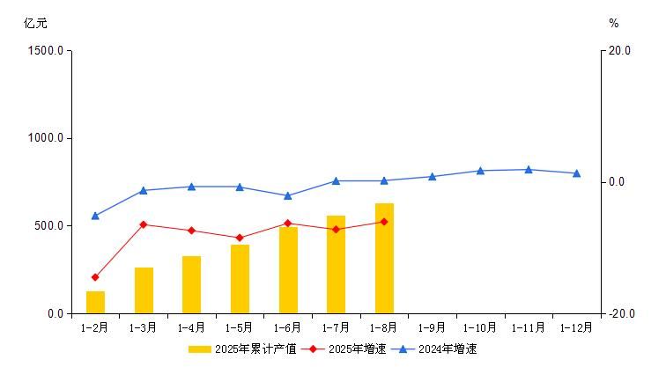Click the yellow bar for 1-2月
point(95,302)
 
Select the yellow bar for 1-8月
point(384,258)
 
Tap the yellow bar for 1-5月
point(240,279)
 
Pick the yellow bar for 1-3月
point(144,290)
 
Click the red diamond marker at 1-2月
point(95,277)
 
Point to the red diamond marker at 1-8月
point(384,222)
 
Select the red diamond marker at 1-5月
point(240,238)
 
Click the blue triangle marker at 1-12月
point(576,173)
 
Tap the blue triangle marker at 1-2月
point(95,216)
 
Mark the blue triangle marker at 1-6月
point(288,195)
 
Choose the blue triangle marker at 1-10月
point(480,171)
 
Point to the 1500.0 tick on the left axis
point(46,50)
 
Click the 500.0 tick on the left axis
point(48,226)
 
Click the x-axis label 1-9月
point(432,327)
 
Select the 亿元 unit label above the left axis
point(36,24)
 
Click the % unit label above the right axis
point(614,24)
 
